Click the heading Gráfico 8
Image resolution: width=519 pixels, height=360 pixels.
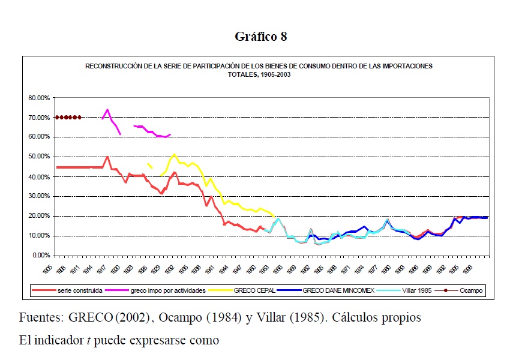[260, 37]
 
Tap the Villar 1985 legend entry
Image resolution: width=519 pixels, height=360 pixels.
[416, 290]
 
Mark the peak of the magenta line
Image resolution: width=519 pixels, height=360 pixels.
[107, 110]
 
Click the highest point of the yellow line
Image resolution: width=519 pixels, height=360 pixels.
[174, 154]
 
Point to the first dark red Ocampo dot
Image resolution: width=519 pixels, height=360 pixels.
[57, 117]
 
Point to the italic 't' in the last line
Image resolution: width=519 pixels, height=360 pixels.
[88, 340]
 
